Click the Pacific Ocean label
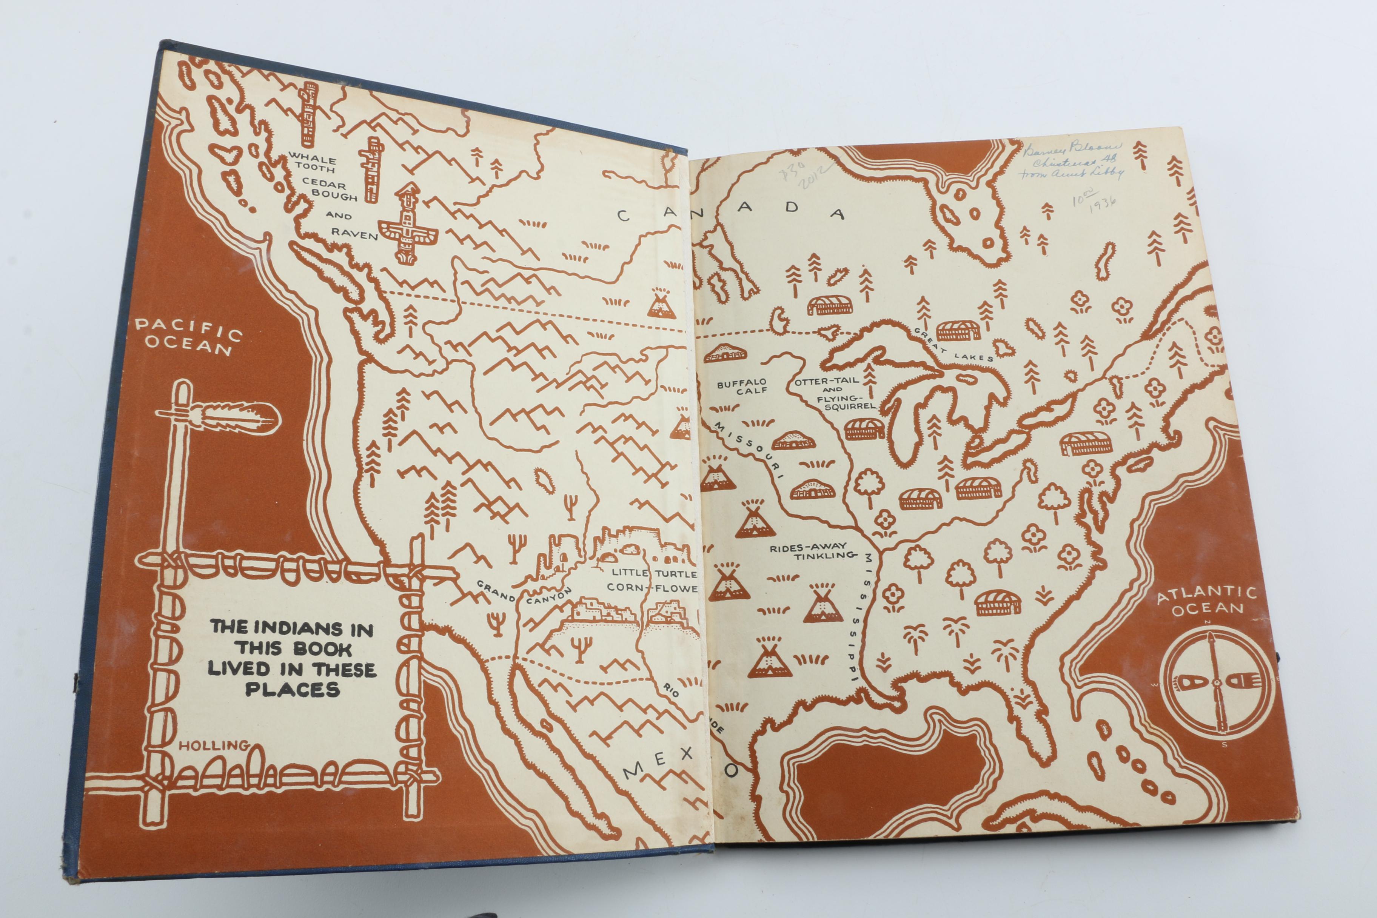point(188,337)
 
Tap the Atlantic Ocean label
point(1207,601)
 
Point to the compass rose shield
point(1218,682)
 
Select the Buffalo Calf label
point(741,387)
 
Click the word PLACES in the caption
point(292,690)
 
